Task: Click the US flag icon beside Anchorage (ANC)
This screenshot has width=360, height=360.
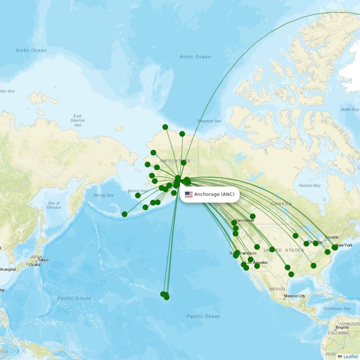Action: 189,194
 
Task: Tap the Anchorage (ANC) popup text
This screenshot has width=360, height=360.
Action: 214,194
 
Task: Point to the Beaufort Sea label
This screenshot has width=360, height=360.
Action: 209,121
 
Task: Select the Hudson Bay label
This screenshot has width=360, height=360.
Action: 310,185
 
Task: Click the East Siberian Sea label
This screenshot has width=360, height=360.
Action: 77,120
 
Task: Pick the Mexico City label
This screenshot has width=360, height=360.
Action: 295,296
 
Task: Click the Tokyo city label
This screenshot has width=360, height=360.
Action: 43,260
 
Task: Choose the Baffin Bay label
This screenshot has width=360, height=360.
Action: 350,109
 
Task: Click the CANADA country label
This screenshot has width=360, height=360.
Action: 281,204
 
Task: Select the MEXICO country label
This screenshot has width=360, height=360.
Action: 277,289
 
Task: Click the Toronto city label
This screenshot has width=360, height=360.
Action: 332,237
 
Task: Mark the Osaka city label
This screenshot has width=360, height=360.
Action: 34,265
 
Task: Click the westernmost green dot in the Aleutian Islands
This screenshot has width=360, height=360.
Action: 125,214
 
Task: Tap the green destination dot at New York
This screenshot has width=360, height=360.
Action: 334,247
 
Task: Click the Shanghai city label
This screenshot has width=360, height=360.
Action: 8,270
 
